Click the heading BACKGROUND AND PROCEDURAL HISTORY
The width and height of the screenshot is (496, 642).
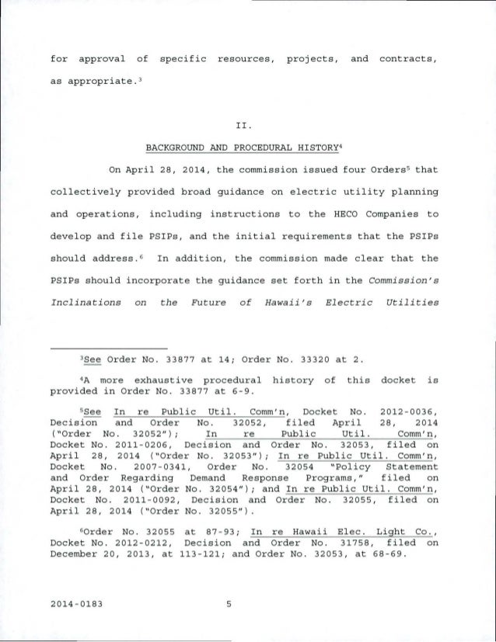pyautogui.click(x=247, y=147)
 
